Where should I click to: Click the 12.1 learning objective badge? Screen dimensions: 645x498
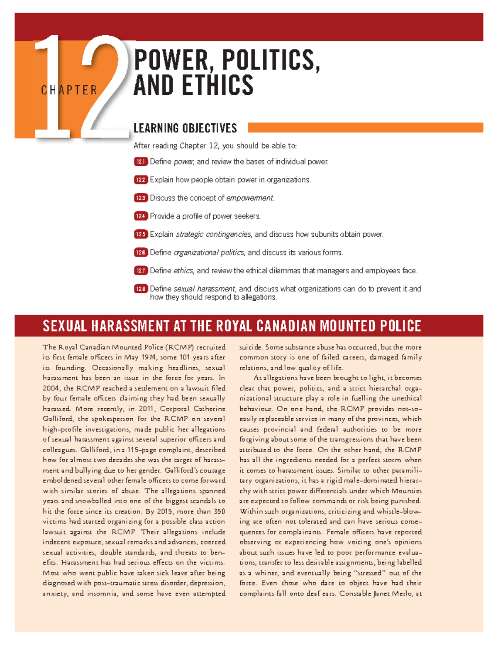pyautogui.click(x=141, y=162)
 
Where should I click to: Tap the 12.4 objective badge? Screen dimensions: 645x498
pyautogui.click(x=141, y=216)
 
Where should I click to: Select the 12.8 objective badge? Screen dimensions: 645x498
pyautogui.click(x=141, y=289)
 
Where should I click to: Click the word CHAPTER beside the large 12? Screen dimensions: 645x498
pyautogui.click(x=69, y=90)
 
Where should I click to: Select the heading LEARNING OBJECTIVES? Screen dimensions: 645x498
pyautogui.click(x=185, y=128)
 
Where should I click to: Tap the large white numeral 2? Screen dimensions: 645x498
pyautogui.click(x=106, y=89)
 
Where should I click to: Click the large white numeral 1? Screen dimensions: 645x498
pyautogui.click(x=52, y=89)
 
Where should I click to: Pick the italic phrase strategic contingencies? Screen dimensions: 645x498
pyautogui.click(x=214, y=234)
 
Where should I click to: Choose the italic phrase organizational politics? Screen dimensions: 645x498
pyautogui.click(x=209, y=253)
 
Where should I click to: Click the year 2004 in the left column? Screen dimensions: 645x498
pyautogui.click(x=51, y=388)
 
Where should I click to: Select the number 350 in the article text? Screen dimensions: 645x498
pyautogui.click(x=219, y=511)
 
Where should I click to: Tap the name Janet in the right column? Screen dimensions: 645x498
pyautogui.click(x=381, y=593)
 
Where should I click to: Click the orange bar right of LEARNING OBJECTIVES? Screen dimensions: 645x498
pyautogui.click(x=365, y=128)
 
